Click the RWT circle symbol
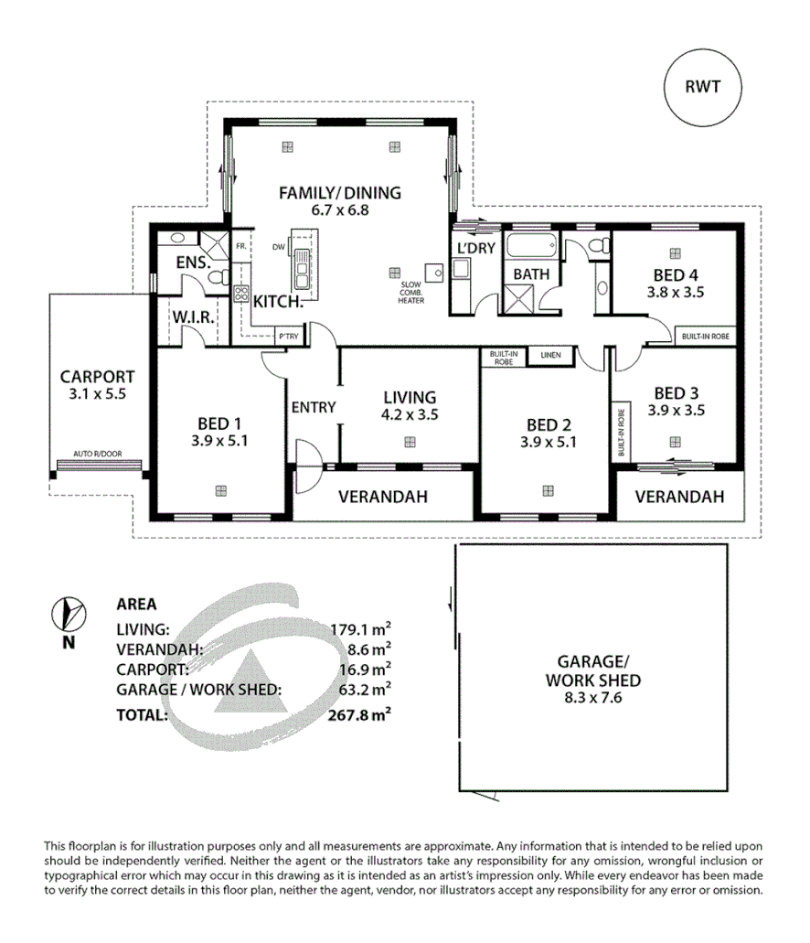pyautogui.click(x=702, y=88)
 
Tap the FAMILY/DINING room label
pyautogui.click(x=340, y=193)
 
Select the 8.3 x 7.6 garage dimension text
pyautogui.click(x=592, y=700)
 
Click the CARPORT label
pyautogui.click(x=97, y=376)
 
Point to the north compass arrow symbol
pyautogui.click(x=69, y=614)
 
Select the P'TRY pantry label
pyautogui.click(x=288, y=338)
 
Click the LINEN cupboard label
pyautogui.click(x=550, y=355)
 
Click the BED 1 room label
pyautogui.click(x=219, y=423)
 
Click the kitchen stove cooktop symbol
pyautogui.click(x=242, y=295)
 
